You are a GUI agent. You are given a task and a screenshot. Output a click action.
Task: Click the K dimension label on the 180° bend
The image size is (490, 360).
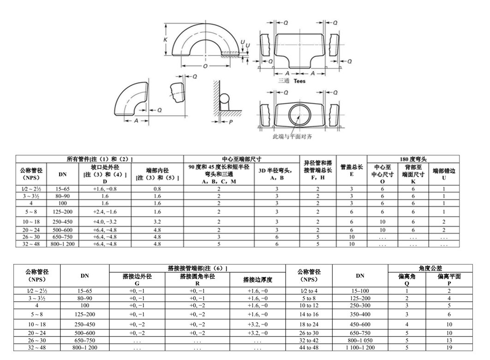(x=165, y=40)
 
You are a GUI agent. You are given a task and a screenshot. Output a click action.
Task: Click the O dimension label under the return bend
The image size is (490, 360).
(x=205, y=66)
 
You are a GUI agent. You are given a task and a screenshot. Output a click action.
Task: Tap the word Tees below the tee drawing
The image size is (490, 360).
(x=299, y=81)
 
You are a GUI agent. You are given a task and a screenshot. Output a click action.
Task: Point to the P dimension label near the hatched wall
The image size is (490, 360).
(x=231, y=121)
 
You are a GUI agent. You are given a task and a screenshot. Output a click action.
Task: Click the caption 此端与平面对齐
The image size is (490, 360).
(x=292, y=136)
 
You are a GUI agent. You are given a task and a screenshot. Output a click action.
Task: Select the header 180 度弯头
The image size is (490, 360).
(x=413, y=159)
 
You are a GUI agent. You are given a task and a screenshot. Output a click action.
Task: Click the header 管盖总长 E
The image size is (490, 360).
(x=352, y=170)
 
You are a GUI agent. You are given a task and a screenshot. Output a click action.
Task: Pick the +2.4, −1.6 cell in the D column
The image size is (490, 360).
(x=105, y=212)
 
